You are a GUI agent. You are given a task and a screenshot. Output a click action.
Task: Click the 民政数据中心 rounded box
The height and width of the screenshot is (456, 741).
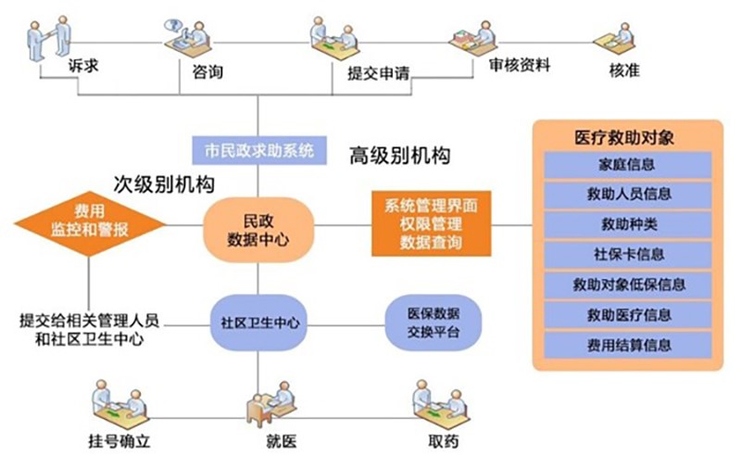coord(258,230)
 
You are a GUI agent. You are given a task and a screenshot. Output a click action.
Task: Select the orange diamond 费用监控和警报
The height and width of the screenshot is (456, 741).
coord(90,222)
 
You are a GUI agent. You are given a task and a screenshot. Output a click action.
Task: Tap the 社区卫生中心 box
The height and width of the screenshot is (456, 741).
coord(258,323)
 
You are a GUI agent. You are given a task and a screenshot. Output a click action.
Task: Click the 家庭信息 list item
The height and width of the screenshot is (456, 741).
coord(628,165)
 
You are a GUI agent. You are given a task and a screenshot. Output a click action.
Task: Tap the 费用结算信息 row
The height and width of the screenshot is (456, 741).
coord(628,345)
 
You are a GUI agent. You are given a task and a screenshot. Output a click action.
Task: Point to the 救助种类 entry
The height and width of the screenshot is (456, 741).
coord(628,224)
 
